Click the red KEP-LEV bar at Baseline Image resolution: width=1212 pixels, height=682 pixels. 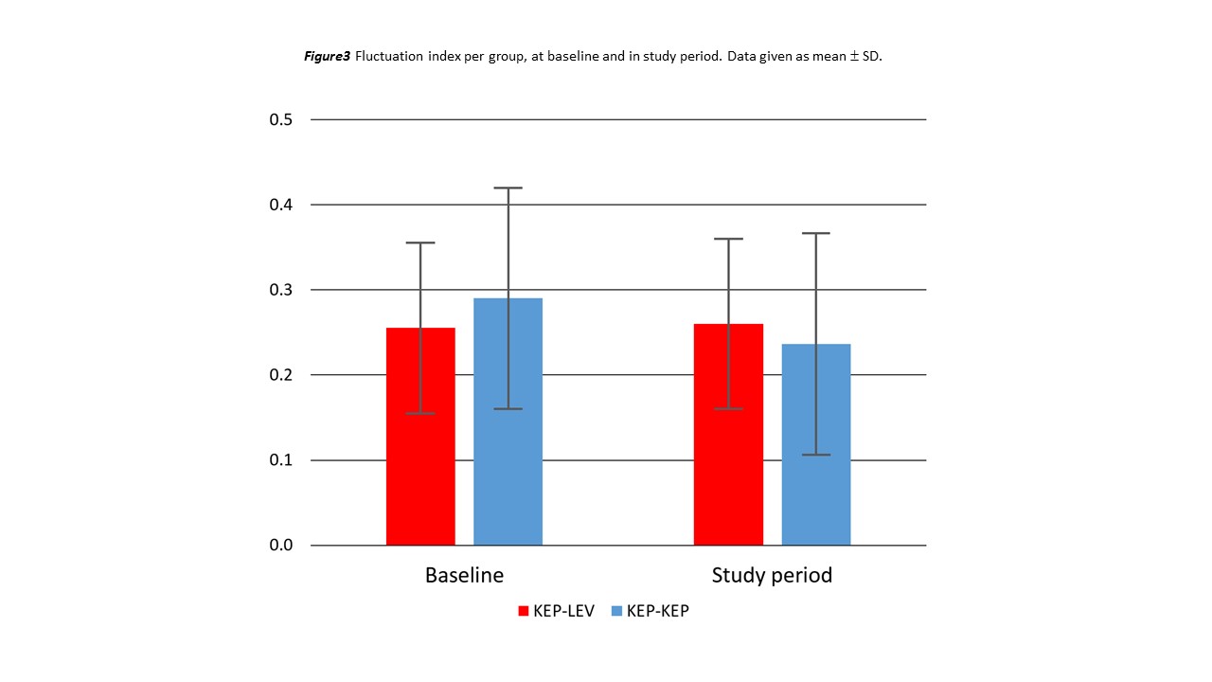click(420, 474)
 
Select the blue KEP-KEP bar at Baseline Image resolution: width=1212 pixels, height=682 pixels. click(508, 474)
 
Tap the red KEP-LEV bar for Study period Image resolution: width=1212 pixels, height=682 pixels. click(728, 474)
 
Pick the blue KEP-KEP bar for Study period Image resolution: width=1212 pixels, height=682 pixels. click(815, 474)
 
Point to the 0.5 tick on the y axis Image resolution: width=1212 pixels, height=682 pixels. click(280, 120)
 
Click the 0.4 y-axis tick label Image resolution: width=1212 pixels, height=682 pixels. click(280, 206)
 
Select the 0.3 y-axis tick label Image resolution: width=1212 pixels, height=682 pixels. click(280, 291)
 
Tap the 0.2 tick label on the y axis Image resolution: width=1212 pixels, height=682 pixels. click(280, 376)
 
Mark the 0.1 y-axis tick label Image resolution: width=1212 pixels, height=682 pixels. click(280, 461)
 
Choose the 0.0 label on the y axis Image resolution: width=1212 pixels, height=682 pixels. click(280, 547)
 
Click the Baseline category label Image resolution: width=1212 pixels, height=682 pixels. click(464, 576)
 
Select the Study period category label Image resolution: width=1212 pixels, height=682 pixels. click(772, 576)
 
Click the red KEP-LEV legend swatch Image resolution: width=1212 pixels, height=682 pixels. click(524, 612)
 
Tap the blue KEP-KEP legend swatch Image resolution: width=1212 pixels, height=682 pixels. click(616, 612)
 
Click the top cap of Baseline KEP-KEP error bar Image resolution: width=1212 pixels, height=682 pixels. click(508, 188)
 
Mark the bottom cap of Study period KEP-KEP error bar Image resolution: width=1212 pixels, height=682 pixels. click(815, 455)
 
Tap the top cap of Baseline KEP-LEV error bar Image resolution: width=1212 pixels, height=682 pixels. click(420, 243)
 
